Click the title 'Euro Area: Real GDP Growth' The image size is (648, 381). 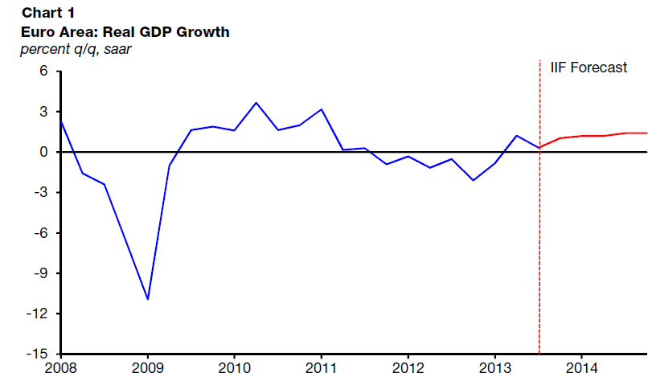pyautogui.click(x=125, y=32)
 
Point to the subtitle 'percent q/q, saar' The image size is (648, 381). pyautogui.click(x=76, y=49)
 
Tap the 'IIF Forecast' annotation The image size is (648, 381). pyautogui.click(x=588, y=68)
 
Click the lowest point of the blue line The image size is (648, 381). pyautogui.click(x=147, y=299)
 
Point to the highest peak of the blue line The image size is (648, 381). pyautogui.click(x=256, y=103)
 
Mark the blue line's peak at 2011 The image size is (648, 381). pyautogui.click(x=322, y=109)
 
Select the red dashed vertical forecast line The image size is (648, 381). pyautogui.click(x=539, y=241)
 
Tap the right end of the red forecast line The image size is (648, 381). pyautogui.click(x=646, y=133)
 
